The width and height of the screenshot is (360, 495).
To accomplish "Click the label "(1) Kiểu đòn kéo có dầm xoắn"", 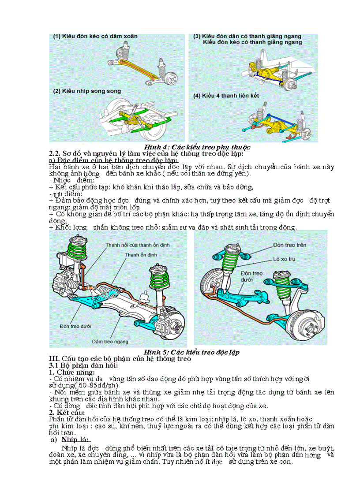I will click(x=95, y=37).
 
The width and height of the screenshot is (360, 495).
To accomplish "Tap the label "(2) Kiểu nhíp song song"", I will click(x=87, y=91).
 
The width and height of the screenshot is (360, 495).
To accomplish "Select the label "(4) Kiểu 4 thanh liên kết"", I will click(x=226, y=95).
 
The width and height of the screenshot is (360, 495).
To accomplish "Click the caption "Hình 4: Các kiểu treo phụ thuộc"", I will click(x=197, y=146).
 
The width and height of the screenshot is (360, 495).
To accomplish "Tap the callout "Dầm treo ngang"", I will click(x=110, y=341).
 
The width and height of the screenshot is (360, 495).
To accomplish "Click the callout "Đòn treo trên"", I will click(x=289, y=245).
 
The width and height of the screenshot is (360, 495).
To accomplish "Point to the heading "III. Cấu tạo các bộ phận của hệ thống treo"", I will click(x=120, y=359).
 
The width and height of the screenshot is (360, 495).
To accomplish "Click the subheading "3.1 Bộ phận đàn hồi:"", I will click(x=83, y=366).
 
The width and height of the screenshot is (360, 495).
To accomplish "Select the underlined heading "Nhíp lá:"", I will click(x=76, y=439).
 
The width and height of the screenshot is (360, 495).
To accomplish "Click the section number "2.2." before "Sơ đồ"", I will click(x=55, y=153).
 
